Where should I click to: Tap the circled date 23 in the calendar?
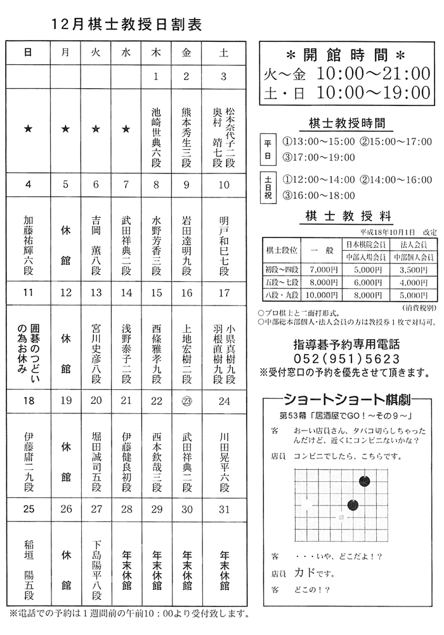click(186, 401)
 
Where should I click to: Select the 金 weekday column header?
click(186, 53)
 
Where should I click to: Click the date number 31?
click(223, 509)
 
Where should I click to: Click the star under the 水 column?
click(126, 130)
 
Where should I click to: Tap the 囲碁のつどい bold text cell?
click(28, 349)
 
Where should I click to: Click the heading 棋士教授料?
click(348, 216)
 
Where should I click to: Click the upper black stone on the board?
click(365, 481)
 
